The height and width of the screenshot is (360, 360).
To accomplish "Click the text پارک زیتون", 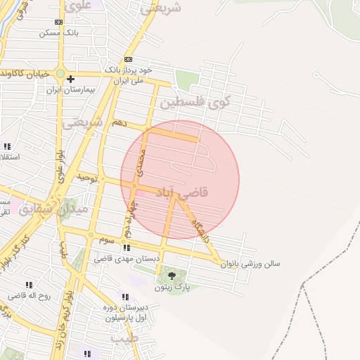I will coord(172,288).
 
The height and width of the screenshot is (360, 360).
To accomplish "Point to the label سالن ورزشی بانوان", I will coord(250,264).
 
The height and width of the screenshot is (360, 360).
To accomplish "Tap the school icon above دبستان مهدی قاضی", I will coord(126,248).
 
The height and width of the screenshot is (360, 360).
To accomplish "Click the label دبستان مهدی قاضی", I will coord(123,259).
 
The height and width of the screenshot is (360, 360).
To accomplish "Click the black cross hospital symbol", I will coord(70,79).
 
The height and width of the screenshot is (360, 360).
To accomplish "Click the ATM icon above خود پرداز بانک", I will coord(128,60).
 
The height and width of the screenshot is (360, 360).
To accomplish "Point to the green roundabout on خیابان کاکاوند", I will coord(61,72).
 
